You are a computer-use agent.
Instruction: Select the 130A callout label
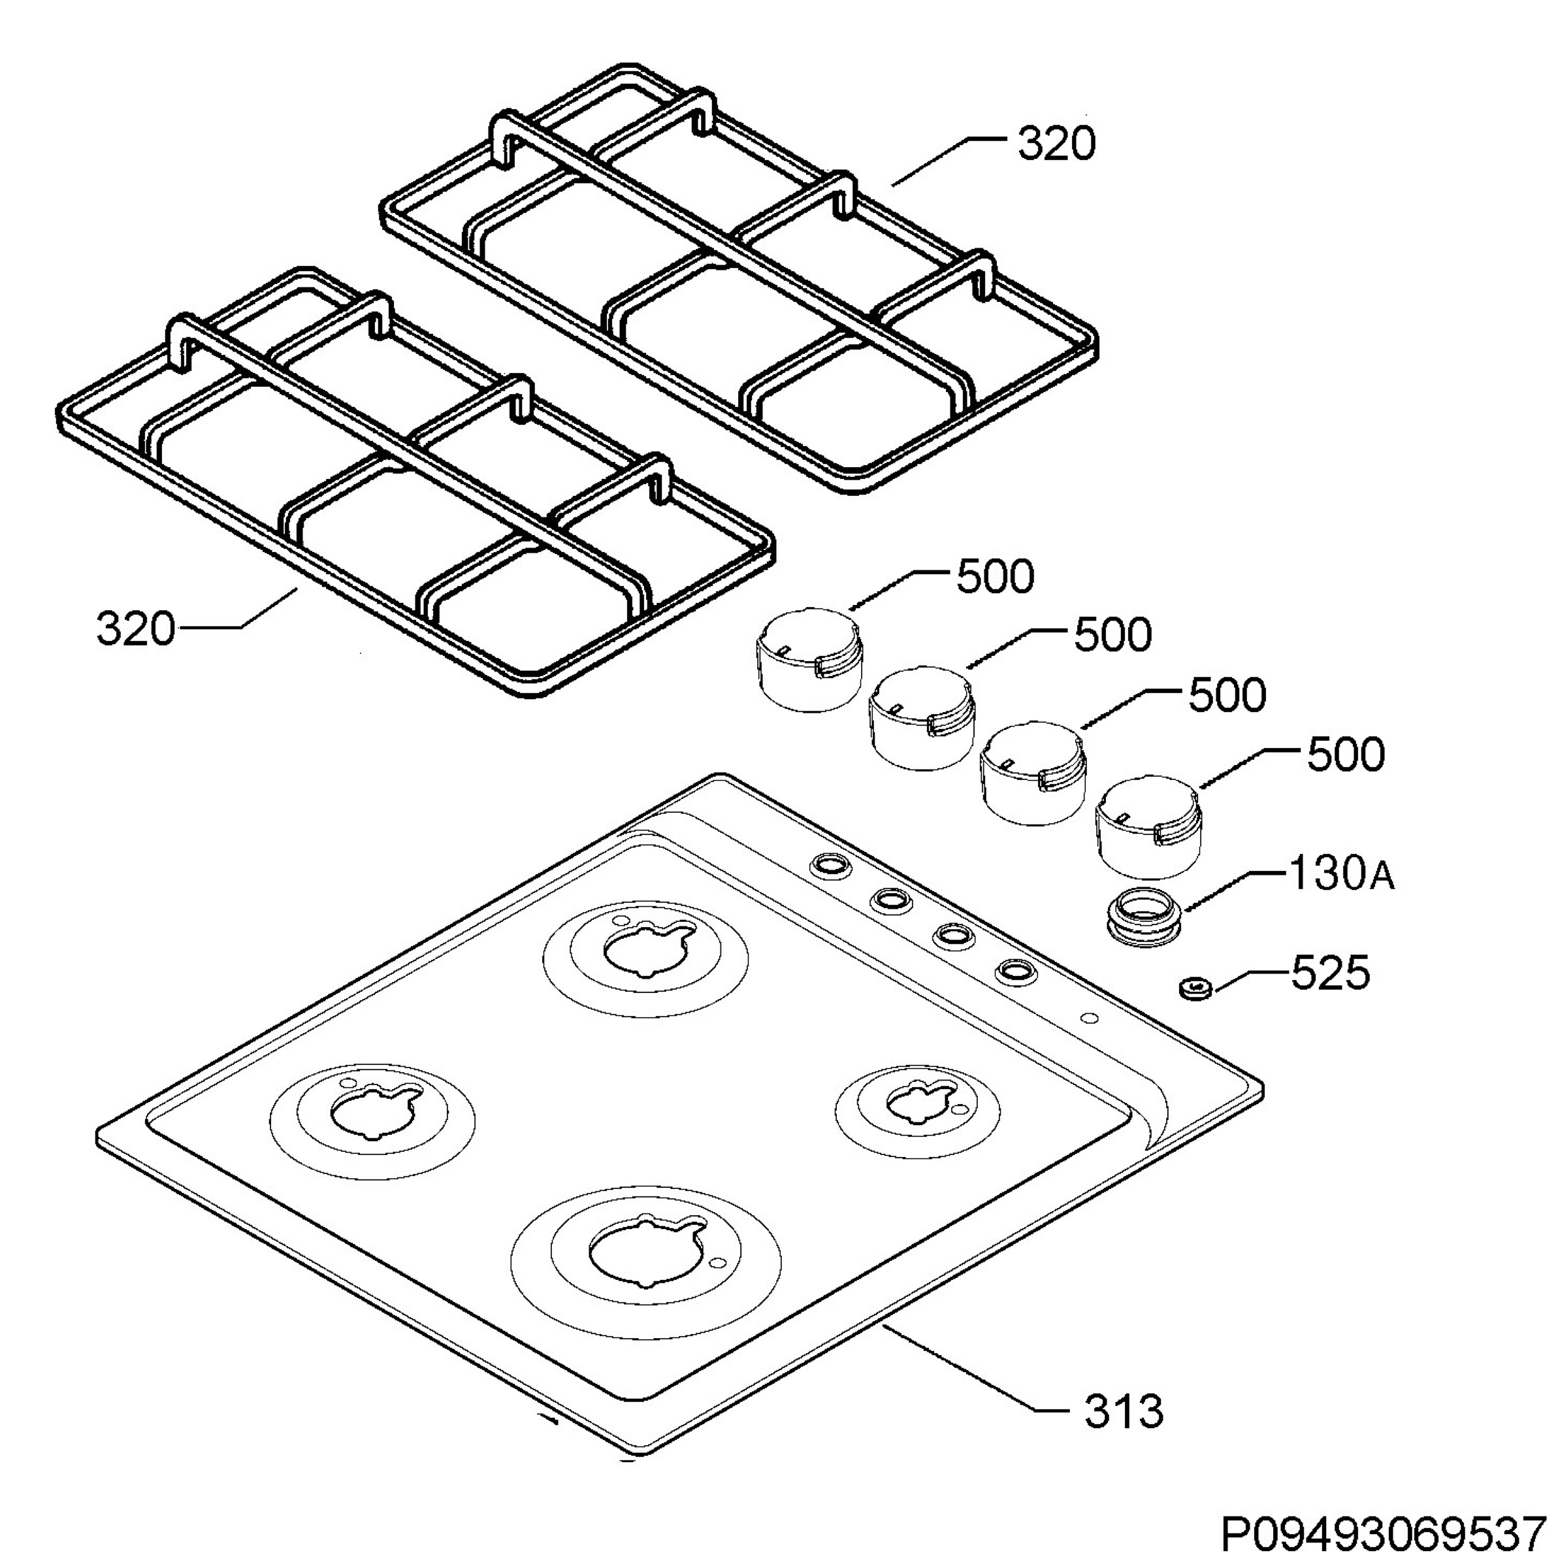(x=1341, y=874)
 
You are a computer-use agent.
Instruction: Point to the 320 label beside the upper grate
(x=1056, y=144)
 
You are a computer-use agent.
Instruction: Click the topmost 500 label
(x=996, y=577)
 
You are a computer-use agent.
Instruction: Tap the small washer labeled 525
(x=1193, y=988)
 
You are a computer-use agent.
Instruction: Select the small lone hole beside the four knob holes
(x=1088, y=1018)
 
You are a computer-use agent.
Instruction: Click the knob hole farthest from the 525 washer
(x=831, y=865)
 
